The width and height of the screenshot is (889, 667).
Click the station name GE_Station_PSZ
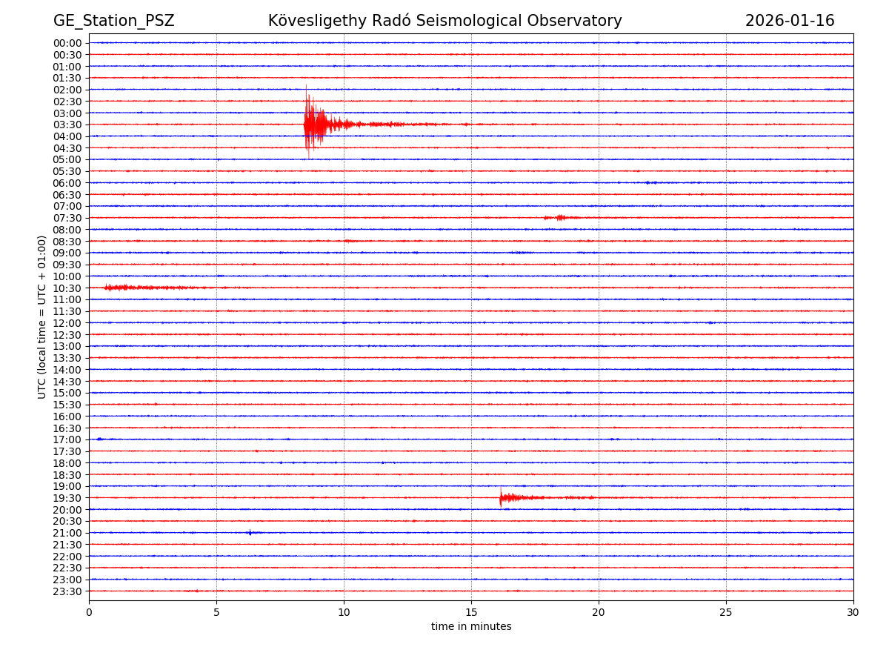(x=113, y=21)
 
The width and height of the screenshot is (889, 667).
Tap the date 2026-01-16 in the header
(x=789, y=21)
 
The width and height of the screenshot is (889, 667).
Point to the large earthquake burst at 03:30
(x=315, y=124)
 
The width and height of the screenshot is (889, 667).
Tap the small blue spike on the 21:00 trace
(x=250, y=532)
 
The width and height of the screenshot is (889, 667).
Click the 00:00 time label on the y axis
(x=67, y=43)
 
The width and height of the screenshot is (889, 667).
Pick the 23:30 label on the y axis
(x=67, y=591)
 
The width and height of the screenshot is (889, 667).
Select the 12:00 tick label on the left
(x=67, y=323)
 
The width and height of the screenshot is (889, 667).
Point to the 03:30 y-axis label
(x=67, y=125)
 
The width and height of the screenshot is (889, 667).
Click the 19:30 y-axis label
(x=67, y=498)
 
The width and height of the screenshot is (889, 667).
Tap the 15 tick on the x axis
(x=471, y=612)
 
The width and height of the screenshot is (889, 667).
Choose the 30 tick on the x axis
(x=853, y=612)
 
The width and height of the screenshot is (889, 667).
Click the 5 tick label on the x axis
(x=216, y=612)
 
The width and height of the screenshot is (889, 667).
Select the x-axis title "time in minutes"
(x=471, y=627)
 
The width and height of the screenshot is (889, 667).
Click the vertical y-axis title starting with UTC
(x=42, y=316)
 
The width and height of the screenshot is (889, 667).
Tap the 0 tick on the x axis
(x=89, y=612)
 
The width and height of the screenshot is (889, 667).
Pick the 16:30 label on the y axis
(x=67, y=428)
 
